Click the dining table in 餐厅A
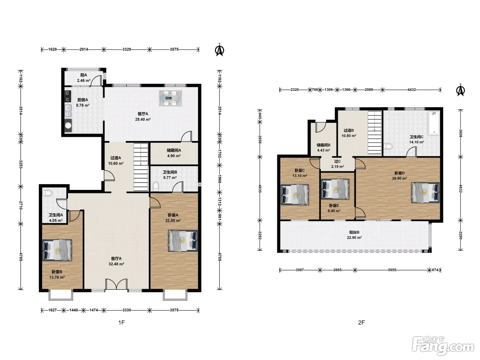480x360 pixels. (x=170, y=98)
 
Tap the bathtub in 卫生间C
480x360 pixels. (x=434, y=123)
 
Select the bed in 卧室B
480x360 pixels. (x=57, y=250)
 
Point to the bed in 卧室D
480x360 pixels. (x=425, y=193)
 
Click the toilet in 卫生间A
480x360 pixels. (x=47, y=193)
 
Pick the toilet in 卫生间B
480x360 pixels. (x=156, y=186)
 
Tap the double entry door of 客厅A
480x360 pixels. (x=116, y=284)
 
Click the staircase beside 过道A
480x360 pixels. (x=141, y=167)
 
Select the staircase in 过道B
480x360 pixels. (x=375, y=132)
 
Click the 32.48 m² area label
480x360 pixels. (x=116, y=264)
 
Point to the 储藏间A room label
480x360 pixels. (x=174, y=151)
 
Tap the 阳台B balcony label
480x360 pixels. (x=354, y=232)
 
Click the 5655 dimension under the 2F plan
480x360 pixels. (x=392, y=270)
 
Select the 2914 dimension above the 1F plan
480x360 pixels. (x=84, y=49)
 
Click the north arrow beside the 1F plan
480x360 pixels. (x=219, y=50)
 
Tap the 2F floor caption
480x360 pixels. (x=361, y=322)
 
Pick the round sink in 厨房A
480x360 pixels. (x=68, y=125)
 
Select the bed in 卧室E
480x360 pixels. (x=335, y=189)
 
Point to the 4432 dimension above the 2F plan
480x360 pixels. (x=411, y=89)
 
